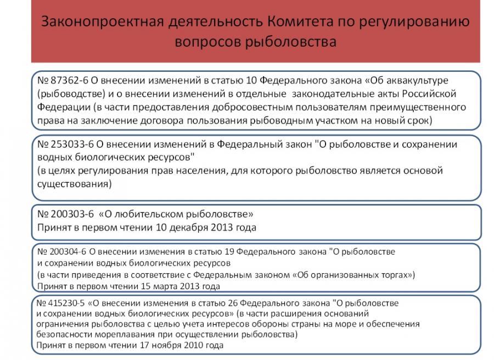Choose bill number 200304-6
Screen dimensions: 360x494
tap(63, 251)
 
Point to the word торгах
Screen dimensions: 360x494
tap(396, 274)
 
